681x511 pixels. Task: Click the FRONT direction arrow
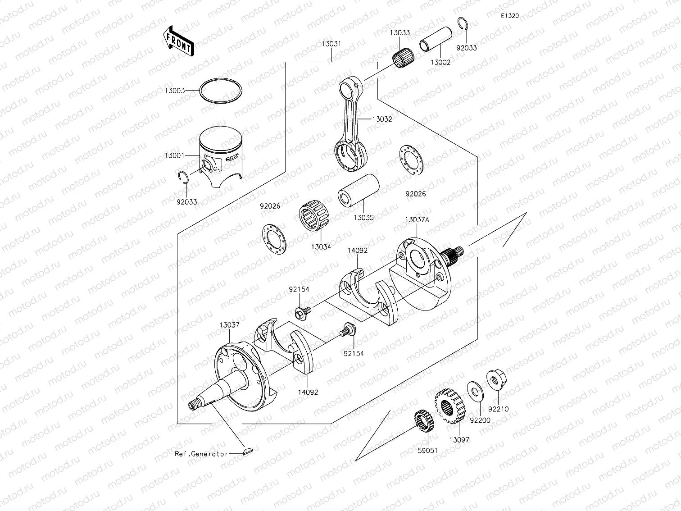[x=177, y=41]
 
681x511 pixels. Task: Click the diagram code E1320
[x=510, y=16]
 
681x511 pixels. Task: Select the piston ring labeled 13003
[x=221, y=91]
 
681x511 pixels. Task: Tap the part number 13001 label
[x=174, y=155]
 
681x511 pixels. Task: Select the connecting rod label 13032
[x=382, y=119]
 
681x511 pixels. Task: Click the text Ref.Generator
[x=201, y=454]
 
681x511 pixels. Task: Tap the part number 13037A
[x=417, y=219]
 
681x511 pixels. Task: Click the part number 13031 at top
[x=331, y=44]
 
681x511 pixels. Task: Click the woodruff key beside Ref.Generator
[x=248, y=451]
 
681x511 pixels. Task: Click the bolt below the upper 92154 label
[x=302, y=311]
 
